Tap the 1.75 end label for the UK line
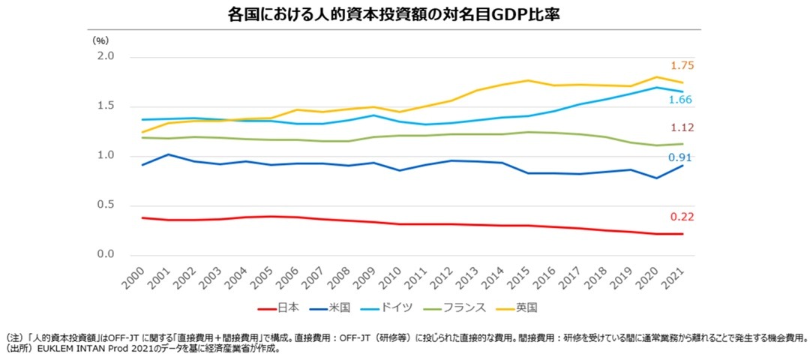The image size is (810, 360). pos(682,65)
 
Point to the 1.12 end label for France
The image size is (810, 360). pos(682,127)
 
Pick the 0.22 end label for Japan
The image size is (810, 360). pos(682,217)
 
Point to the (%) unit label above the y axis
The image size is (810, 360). pos(100,40)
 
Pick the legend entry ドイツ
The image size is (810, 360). pos(387,308)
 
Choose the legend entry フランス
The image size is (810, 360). pos(454,308)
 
